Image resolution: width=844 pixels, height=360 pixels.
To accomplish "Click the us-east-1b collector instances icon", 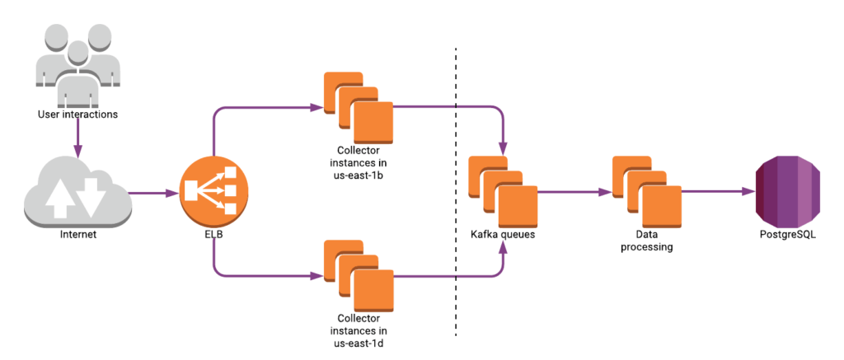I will click(359, 108).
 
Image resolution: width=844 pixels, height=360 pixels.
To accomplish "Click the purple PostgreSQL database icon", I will click(789, 191).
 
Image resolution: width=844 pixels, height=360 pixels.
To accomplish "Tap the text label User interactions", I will click(77, 114).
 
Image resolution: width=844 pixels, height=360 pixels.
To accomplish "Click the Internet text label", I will click(78, 235).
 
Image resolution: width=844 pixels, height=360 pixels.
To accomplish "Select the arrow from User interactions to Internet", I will click(77, 138).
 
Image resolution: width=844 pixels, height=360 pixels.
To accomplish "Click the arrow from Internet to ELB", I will click(153, 194).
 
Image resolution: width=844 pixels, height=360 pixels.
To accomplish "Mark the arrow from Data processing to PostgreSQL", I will click(718, 191).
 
